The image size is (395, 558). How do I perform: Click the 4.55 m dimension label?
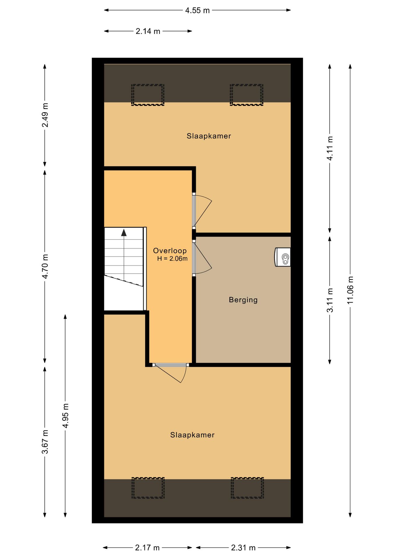click(x=197, y=10)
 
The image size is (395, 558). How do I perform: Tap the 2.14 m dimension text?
click(x=148, y=31)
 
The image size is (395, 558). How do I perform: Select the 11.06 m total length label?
click(x=350, y=290)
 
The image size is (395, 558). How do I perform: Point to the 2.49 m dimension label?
click(x=45, y=115)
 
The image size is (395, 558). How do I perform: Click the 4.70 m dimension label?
click(x=45, y=266)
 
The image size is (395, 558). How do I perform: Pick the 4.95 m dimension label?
click(x=65, y=416)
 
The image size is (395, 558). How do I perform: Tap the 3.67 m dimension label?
click(x=45, y=442)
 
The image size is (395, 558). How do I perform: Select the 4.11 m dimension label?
click(x=330, y=148)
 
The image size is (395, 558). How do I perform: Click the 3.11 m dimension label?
click(x=330, y=300)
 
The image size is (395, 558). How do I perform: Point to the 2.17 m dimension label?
click(x=147, y=548)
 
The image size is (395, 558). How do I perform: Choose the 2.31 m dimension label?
click(x=243, y=548)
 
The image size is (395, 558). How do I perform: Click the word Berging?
click(x=243, y=300)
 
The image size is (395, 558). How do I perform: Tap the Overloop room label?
click(x=170, y=251)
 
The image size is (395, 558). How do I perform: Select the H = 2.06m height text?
click(x=172, y=259)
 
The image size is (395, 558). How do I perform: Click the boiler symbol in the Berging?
click(x=283, y=257)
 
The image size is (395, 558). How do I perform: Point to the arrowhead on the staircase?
click(x=124, y=233)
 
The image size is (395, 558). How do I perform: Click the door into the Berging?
click(x=202, y=257)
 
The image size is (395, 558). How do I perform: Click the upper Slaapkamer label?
click(x=209, y=136)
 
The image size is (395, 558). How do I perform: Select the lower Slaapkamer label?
click(x=192, y=435)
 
